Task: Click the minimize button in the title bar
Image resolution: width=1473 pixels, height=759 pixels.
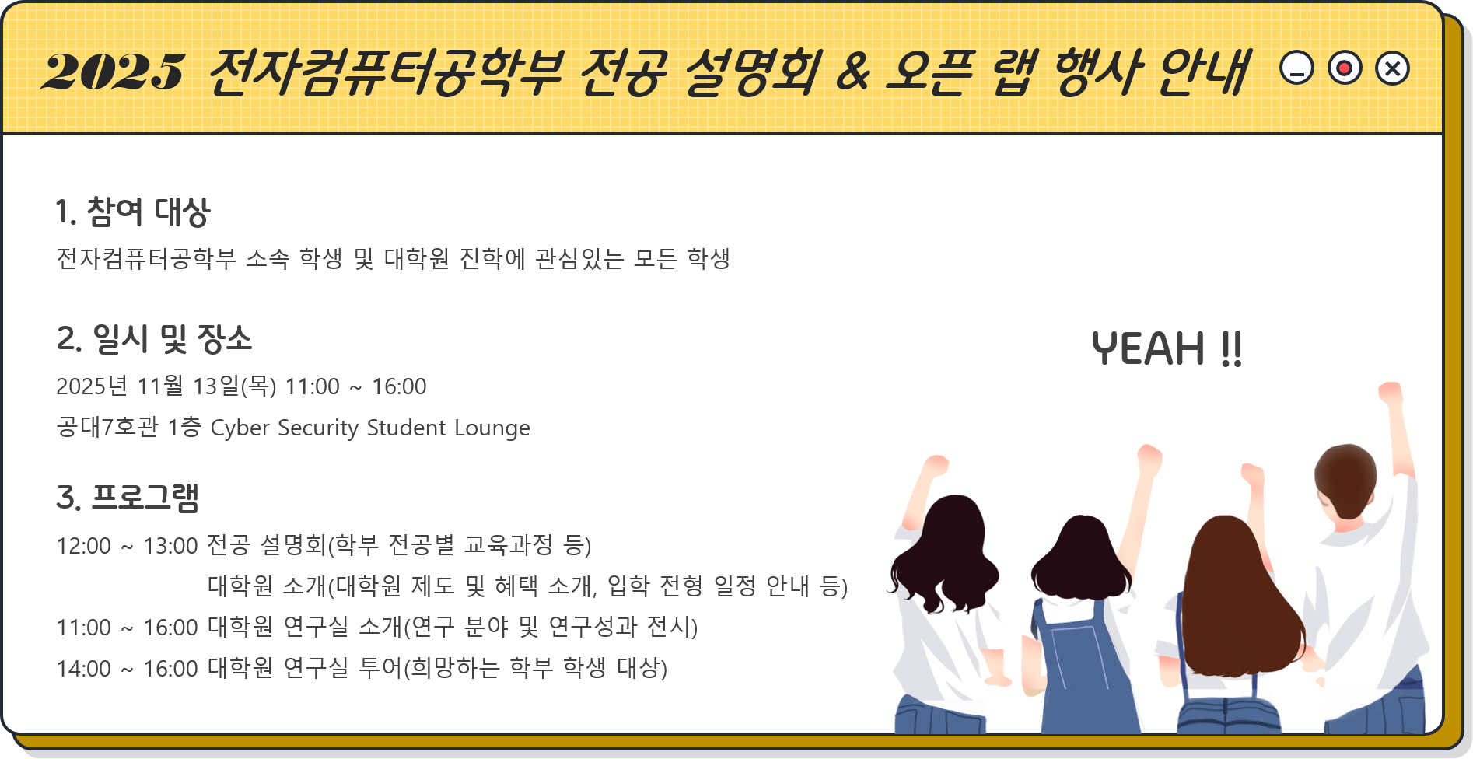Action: click(x=1296, y=68)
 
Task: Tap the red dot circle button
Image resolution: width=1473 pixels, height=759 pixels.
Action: click(x=1345, y=68)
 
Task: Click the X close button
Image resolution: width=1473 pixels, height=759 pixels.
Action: click(x=1392, y=68)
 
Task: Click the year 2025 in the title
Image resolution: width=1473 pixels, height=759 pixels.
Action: click(x=114, y=72)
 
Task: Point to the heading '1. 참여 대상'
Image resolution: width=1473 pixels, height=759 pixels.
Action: click(x=133, y=212)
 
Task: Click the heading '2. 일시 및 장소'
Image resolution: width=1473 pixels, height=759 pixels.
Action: click(x=154, y=339)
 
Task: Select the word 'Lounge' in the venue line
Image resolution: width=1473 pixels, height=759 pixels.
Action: click(x=492, y=428)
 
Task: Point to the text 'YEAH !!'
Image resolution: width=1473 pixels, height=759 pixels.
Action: click(x=1167, y=348)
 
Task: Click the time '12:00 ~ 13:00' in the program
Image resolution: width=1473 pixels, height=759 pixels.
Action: click(x=128, y=546)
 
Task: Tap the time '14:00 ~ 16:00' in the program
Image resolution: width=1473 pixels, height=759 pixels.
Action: click(x=128, y=669)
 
